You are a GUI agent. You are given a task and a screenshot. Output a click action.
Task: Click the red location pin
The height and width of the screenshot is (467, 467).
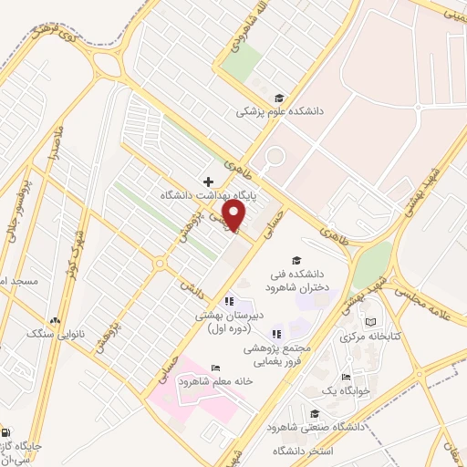pyautogui.click(x=234, y=215)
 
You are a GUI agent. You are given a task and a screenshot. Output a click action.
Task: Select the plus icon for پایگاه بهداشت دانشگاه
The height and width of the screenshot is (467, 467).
pyautogui.click(x=209, y=182)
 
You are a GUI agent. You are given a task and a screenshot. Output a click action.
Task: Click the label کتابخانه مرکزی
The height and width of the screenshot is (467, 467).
pyautogui.click(x=369, y=337)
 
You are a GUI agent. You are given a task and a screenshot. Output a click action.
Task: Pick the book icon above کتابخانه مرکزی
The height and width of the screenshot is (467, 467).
pyautogui.click(x=369, y=322)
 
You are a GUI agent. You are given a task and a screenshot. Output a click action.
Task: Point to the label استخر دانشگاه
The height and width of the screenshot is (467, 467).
pyautogui.click(x=334, y=451)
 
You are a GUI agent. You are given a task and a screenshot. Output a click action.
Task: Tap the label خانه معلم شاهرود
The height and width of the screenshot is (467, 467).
pyautogui.click(x=216, y=381)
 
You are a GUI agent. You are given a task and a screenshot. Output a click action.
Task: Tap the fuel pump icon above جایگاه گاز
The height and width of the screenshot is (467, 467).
pyautogui.click(x=7, y=433)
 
